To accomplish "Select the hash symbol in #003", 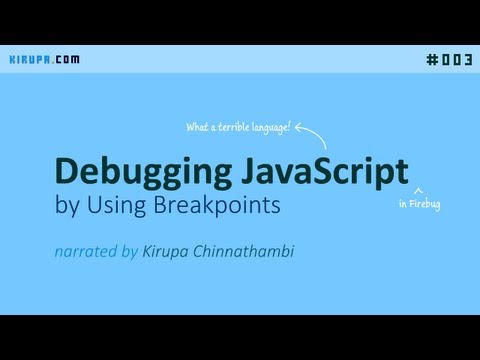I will pyautogui.click(x=432, y=59).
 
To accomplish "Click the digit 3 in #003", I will pyautogui.click(x=468, y=59).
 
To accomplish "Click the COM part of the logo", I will pyautogui.click(x=67, y=59).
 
